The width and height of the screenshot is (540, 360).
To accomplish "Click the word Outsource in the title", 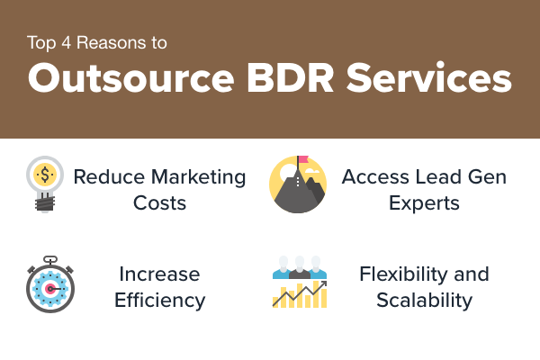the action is [x=131, y=78].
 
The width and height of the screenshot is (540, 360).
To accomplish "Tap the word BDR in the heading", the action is [x=290, y=78].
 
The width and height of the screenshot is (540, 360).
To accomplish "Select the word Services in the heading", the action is [x=428, y=78].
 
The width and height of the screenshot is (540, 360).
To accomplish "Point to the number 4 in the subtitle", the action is [x=66, y=42].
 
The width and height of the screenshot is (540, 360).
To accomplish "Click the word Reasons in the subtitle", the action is [x=111, y=42].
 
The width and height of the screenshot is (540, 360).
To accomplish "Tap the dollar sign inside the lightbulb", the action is [x=45, y=174].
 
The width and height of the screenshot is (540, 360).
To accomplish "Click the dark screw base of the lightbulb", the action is [x=45, y=202].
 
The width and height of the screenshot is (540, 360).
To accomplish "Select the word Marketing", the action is [x=198, y=178].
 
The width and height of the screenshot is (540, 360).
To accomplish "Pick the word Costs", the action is [x=160, y=202].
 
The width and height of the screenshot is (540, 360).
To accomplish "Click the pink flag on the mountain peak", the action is [x=303, y=159].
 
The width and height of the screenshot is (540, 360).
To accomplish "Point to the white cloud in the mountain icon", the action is [x=311, y=170].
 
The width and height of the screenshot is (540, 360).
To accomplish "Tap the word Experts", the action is [x=424, y=203].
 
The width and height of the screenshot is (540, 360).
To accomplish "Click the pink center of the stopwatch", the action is [x=50, y=289].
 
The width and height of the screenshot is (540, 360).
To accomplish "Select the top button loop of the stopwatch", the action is [x=50, y=258].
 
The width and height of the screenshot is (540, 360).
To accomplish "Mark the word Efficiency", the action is [x=160, y=300].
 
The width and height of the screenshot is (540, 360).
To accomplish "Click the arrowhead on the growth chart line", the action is [x=323, y=283].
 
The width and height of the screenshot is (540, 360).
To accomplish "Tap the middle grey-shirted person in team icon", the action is [x=300, y=267].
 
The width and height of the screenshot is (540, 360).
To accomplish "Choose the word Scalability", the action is [x=424, y=300].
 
